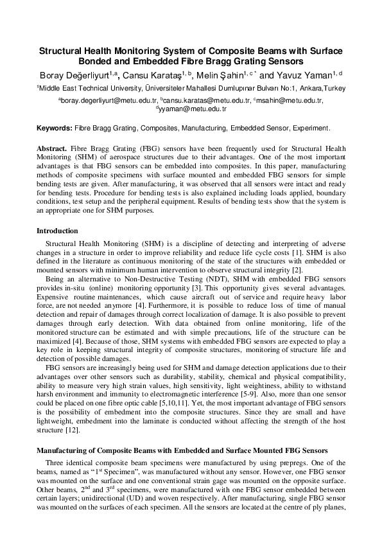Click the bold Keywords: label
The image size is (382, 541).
[54, 129]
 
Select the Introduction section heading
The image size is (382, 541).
[57, 231]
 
